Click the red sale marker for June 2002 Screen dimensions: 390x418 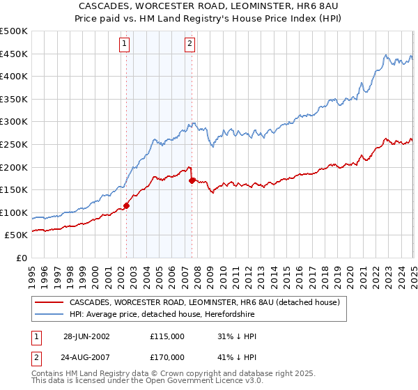(x=127, y=205)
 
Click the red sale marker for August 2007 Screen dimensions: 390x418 (x=192, y=180)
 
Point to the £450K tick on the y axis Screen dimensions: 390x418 (x=15, y=54)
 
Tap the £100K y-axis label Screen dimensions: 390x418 (x=15, y=212)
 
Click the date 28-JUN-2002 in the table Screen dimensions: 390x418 (x=86, y=336)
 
